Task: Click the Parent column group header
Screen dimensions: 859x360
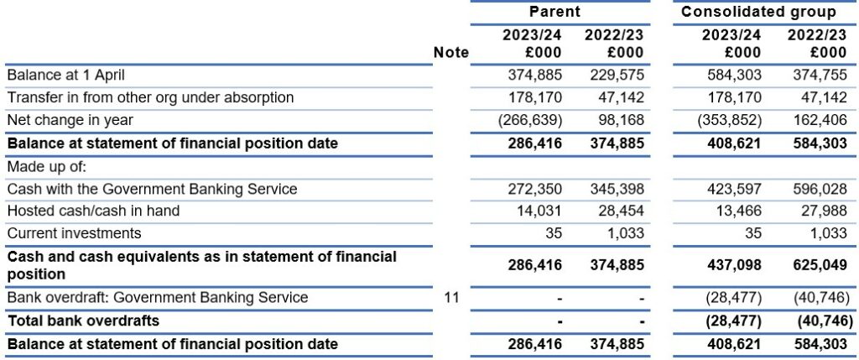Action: coord(554,12)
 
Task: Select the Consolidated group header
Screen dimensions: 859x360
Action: coord(758,12)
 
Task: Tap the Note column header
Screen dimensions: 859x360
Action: coord(450,53)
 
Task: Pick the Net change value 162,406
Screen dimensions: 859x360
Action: coord(820,119)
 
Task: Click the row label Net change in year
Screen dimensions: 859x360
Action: coord(70,119)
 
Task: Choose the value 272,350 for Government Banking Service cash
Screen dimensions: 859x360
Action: coord(534,189)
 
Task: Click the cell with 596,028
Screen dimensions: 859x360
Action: coord(820,189)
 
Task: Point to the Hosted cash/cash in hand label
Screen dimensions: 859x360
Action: coord(93,211)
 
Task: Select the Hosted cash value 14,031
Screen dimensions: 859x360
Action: coord(539,211)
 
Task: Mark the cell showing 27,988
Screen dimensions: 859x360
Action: coord(824,211)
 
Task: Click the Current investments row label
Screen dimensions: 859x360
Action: coord(74,233)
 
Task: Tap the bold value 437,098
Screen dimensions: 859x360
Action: coord(733,265)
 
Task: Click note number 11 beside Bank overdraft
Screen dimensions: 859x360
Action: coord(452,298)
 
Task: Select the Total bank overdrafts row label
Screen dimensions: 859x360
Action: coord(83,320)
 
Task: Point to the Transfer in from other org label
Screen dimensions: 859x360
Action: coord(150,97)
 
